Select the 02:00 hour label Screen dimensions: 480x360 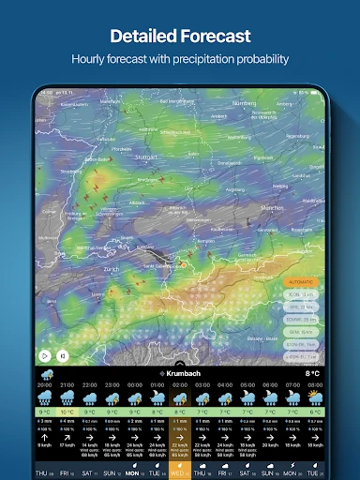(179, 384)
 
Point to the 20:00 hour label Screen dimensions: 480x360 (44, 384)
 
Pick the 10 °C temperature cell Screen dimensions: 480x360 (67, 412)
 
